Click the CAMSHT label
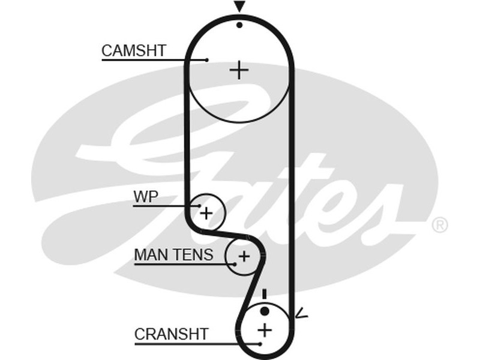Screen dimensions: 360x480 click(133, 51)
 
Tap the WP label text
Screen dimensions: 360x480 click(146, 197)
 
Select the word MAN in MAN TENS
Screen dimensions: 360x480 click(149, 255)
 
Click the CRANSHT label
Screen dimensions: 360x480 click(171, 334)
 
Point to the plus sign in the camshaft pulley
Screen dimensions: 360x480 click(239, 70)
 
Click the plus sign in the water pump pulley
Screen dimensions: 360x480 click(206, 212)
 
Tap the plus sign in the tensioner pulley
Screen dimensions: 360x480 click(243, 257)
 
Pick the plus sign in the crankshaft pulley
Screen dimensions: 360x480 click(265, 329)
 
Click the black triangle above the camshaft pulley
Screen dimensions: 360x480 click(239, 7)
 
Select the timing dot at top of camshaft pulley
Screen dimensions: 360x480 click(239, 25)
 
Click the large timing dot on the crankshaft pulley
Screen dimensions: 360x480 click(265, 311)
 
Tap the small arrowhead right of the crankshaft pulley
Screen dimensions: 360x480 click(302, 313)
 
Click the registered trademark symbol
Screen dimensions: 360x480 click(440, 225)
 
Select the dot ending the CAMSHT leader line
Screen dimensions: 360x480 click(207, 60)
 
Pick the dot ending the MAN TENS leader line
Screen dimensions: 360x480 click(232, 263)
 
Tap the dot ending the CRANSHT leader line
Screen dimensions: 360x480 click(260, 344)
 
